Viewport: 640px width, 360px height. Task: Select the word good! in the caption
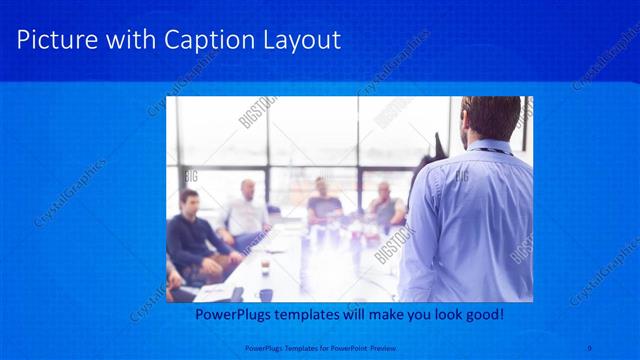[484, 314]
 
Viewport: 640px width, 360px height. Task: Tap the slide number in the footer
[590, 348]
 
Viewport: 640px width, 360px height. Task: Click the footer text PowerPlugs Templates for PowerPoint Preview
[319, 348]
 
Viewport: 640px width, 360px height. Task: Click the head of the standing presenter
[489, 118]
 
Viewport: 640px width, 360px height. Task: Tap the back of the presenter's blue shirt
[470, 220]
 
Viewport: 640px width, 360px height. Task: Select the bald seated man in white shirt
[245, 210]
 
